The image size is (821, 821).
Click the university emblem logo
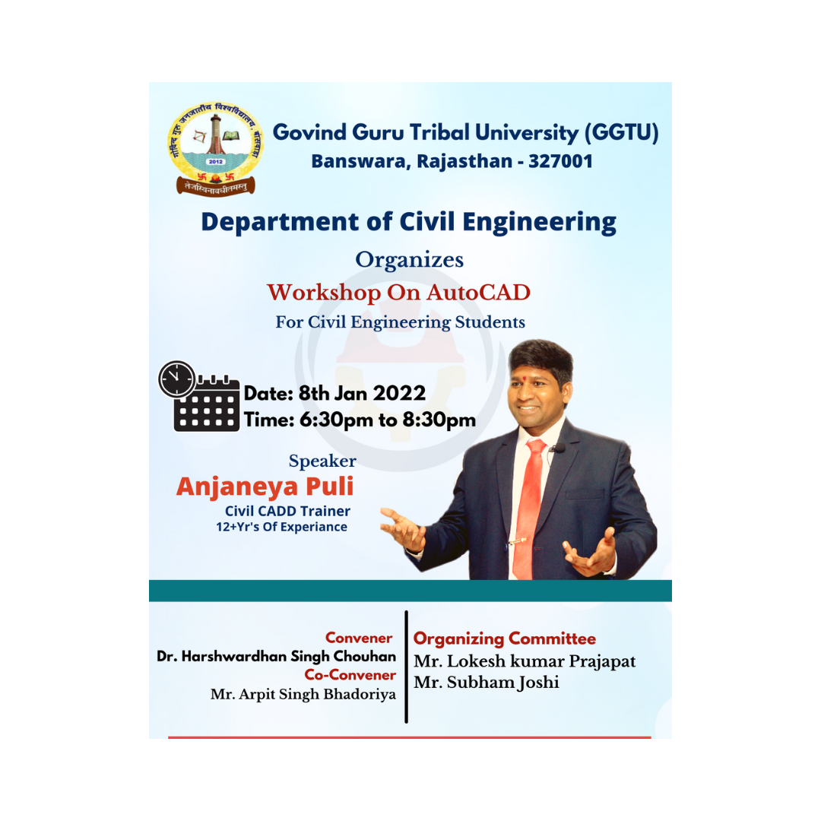tap(216, 149)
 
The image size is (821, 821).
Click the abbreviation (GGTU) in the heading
tap(621, 132)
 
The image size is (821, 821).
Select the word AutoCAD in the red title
tap(479, 292)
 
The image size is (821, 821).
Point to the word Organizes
tap(410, 260)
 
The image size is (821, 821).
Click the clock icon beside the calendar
tap(177, 379)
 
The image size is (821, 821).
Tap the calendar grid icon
tap(207, 404)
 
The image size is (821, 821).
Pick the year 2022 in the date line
tap(399, 393)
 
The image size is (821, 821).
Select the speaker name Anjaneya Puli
tap(265, 487)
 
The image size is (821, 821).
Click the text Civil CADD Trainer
tap(287, 511)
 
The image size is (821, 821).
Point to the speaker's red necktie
tap(530, 508)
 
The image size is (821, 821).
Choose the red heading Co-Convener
tap(350, 675)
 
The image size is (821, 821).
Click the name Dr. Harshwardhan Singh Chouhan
tap(277, 656)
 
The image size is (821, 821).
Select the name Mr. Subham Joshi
tap(487, 682)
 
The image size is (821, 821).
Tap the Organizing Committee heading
tap(505, 639)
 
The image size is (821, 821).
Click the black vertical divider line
tap(406, 667)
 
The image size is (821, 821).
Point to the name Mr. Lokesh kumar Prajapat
tap(525, 661)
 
